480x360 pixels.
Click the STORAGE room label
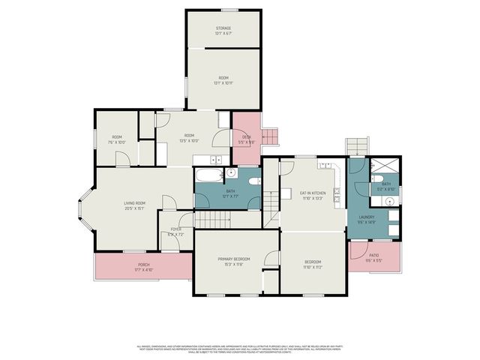click(223, 28)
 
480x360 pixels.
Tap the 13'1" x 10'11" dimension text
click(223, 82)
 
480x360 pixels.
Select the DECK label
click(246, 136)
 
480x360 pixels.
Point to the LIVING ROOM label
click(134, 203)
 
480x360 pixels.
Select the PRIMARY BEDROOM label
click(234, 259)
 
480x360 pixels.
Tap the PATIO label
click(373, 255)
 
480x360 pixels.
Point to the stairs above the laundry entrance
click(358, 144)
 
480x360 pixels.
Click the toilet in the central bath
click(254, 181)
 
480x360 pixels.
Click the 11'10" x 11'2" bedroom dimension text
click(313, 267)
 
